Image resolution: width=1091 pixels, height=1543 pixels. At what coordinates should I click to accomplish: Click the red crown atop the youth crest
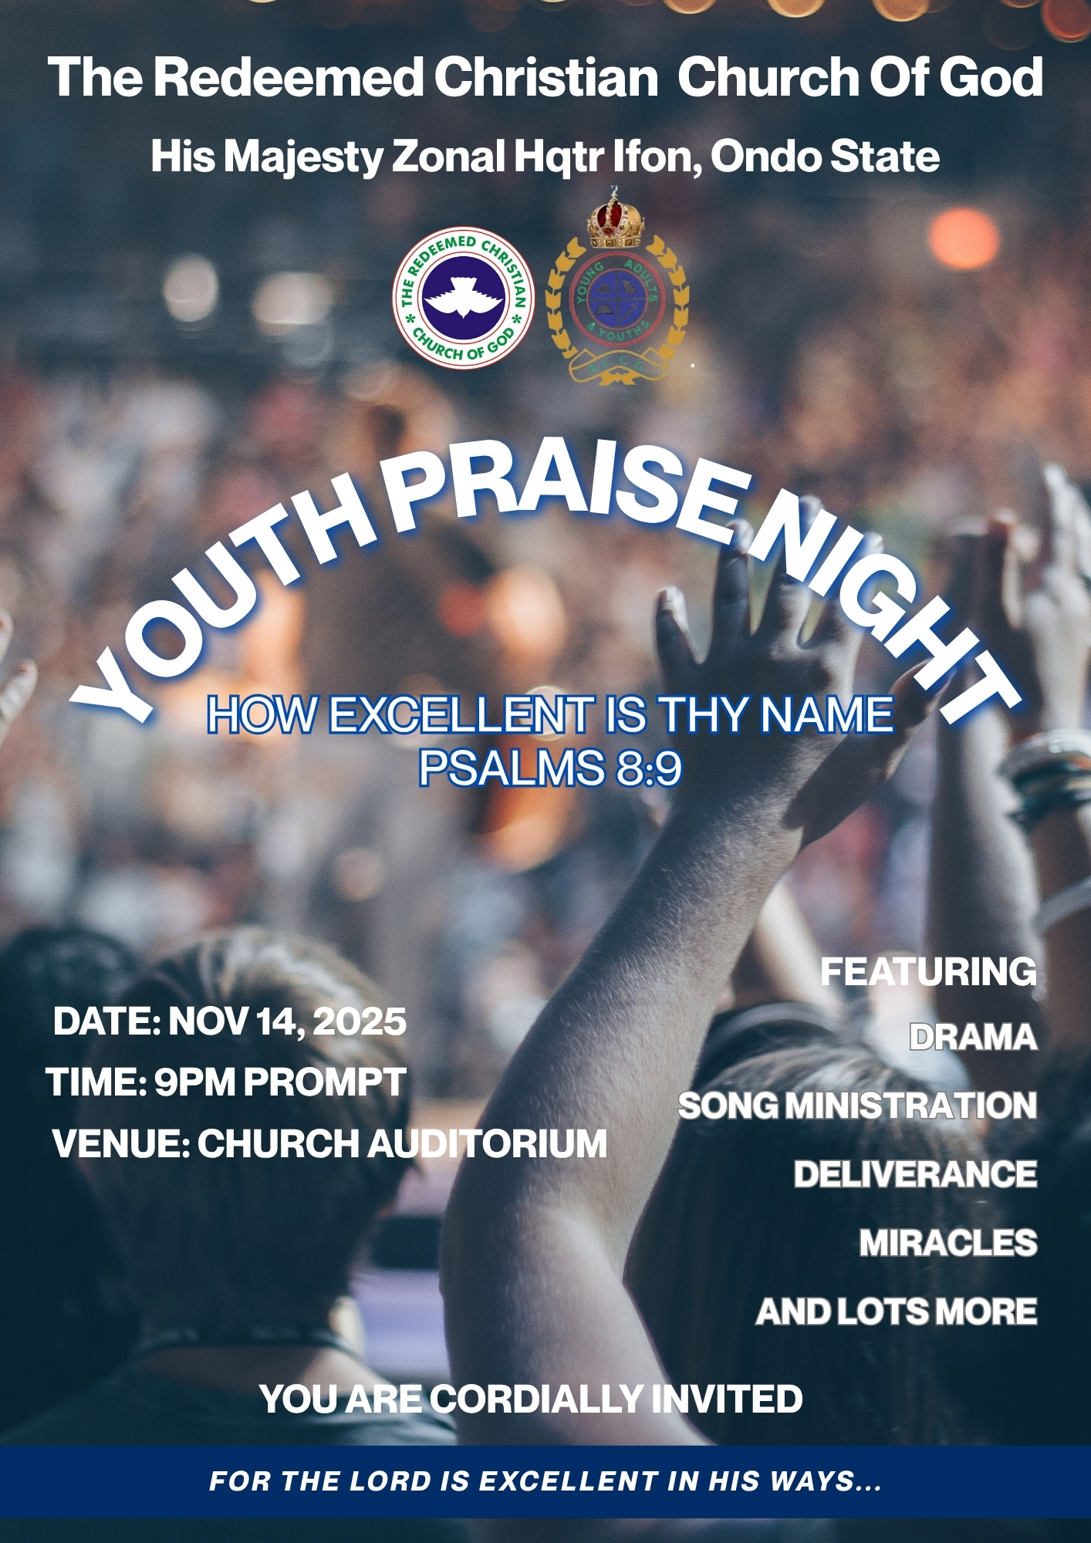[x=616, y=218]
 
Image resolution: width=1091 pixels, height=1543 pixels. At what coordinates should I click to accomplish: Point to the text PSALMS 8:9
[x=550, y=767]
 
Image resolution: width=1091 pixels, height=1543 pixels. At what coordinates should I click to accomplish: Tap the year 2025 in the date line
[x=360, y=1021]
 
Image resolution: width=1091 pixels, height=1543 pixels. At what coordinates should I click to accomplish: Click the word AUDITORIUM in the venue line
[x=487, y=1143]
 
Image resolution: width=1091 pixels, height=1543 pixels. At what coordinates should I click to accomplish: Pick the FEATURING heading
[x=928, y=971]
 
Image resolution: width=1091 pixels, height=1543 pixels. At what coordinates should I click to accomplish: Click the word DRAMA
[x=973, y=1038]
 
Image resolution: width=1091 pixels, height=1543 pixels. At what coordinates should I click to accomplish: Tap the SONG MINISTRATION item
[x=857, y=1106]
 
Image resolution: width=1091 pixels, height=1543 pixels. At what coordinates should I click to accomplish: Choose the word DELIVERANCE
[x=915, y=1174]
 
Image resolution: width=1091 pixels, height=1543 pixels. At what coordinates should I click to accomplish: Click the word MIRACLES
[x=948, y=1243]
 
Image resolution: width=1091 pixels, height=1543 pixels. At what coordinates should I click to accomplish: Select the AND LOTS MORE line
[x=897, y=1312]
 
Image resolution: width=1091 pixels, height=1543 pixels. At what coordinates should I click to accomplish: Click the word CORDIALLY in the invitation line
[x=537, y=1400]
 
